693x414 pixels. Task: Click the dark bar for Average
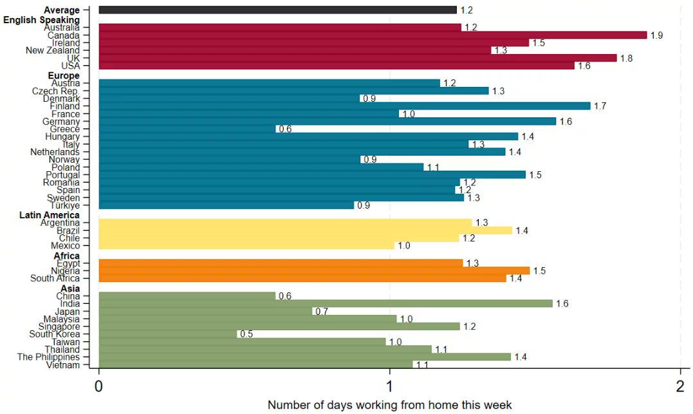click(277, 10)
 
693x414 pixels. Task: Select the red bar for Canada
click(373, 35)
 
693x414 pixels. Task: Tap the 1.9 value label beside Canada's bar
click(656, 35)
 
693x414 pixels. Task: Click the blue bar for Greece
click(187, 129)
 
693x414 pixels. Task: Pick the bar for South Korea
click(167, 334)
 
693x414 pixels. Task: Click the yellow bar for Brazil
click(305, 231)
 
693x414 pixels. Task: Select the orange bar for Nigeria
click(314, 271)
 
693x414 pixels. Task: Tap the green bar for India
click(326, 303)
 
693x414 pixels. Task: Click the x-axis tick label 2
click(680, 386)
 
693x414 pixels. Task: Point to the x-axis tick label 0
click(98, 386)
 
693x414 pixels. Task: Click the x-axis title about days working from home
click(389, 405)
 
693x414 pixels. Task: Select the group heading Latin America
click(50, 215)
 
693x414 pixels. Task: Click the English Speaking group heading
click(42, 20)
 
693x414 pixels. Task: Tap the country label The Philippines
click(49, 357)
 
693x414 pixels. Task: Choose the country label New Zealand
click(53, 50)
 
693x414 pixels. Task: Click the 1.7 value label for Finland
click(600, 106)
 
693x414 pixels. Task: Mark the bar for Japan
click(205, 311)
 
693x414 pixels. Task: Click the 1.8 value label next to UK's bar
click(626, 58)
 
